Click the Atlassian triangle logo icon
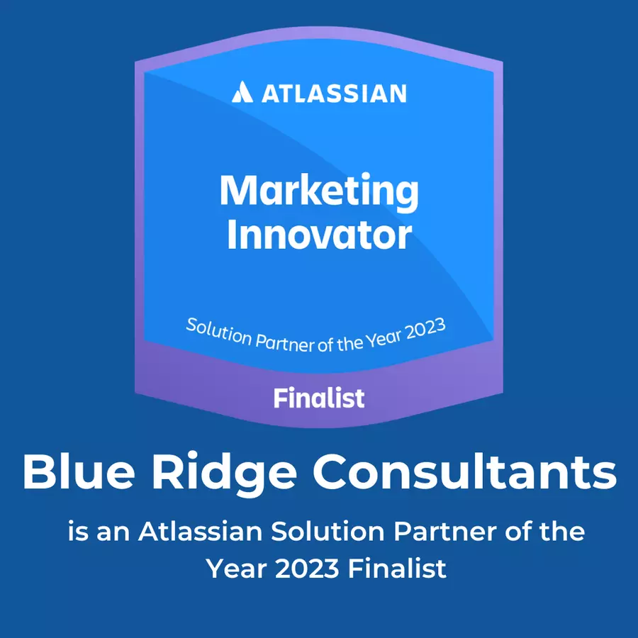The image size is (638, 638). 242,91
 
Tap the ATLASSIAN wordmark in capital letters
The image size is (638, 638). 334,93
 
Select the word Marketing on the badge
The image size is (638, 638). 320,192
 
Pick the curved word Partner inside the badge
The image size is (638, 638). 284,343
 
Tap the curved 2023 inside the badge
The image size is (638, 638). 425,330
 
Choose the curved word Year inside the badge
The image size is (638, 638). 384,341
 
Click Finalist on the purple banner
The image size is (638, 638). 319,398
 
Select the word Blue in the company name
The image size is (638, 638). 79,472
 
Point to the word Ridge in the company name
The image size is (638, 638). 225,474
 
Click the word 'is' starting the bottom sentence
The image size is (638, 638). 77,532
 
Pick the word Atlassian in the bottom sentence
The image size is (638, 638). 200,532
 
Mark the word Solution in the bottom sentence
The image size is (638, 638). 328,532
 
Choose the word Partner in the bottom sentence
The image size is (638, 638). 444,532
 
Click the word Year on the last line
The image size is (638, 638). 236,569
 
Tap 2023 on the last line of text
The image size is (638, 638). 307,569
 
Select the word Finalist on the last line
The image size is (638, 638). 397,569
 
